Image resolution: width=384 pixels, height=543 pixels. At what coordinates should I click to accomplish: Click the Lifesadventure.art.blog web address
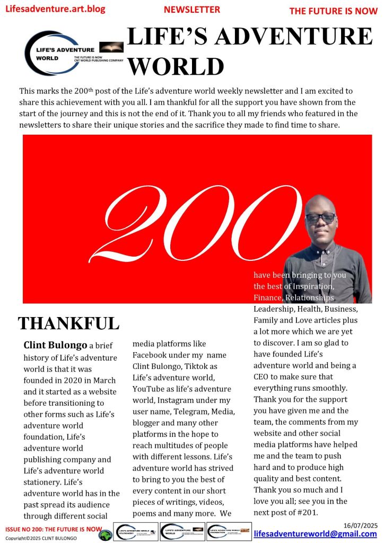[55, 9]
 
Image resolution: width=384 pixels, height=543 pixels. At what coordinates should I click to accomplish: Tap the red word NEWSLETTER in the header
[192, 10]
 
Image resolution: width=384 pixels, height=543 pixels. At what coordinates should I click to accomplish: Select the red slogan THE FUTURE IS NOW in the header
[334, 11]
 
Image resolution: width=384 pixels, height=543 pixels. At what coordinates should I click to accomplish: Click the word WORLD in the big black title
[176, 66]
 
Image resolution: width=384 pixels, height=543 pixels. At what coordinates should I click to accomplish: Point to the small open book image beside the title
[111, 48]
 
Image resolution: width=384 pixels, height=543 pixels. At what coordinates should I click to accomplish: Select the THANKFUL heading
[68, 323]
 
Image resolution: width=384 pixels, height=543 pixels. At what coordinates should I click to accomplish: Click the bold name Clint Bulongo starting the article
[55, 345]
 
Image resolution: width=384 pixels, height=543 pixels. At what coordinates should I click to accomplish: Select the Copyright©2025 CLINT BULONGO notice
[41, 538]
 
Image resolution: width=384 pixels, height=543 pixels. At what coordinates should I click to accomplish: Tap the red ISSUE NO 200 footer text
[53, 529]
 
